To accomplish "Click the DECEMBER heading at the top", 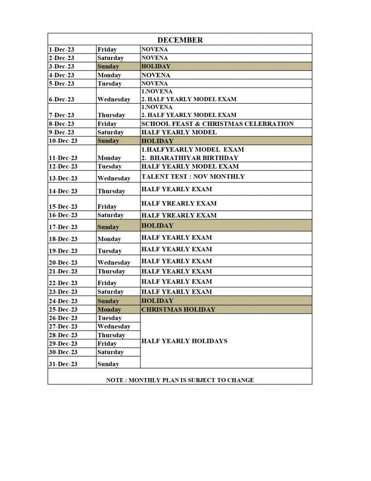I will click(180, 40).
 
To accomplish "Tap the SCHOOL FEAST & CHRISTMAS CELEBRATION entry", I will click(217, 124).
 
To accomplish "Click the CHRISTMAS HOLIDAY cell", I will click(178, 310).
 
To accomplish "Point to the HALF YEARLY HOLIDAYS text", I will click(184, 341).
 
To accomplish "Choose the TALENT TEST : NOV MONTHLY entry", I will click(193, 177).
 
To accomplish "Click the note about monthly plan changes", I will click(180, 380).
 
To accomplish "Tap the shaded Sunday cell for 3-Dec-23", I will click(108, 67).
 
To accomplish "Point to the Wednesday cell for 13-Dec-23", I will click(114, 178).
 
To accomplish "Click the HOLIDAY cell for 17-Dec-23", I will click(157, 226).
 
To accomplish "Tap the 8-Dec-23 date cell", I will click(61, 124).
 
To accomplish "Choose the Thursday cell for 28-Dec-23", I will click(111, 335).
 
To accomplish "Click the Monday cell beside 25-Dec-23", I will click(109, 310).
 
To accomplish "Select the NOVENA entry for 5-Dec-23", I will click(154, 84).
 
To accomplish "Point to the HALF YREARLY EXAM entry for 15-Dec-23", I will click(179, 204).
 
